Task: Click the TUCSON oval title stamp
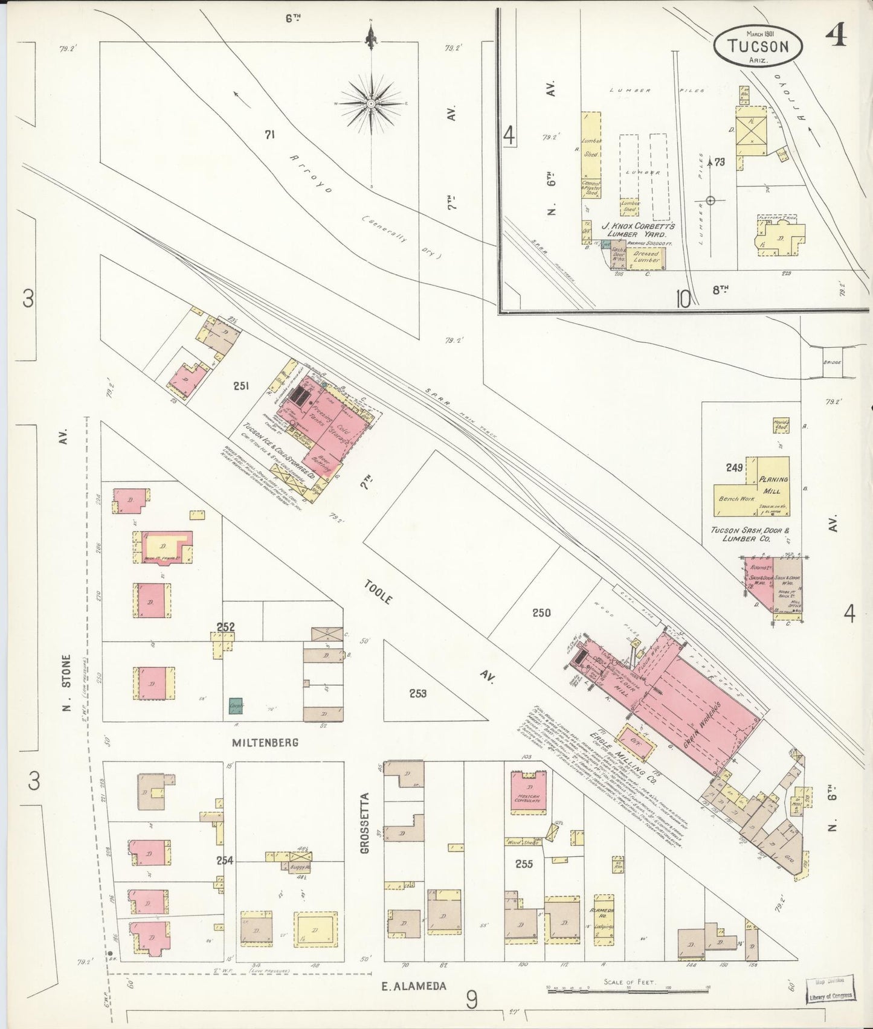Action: [758, 45]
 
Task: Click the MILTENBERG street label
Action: [265, 742]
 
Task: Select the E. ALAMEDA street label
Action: [414, 987]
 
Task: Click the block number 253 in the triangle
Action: [417, 693]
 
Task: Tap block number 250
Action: [541, 613]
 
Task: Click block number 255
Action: [524, 864]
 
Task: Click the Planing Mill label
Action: [773, 485]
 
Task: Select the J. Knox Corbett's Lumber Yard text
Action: [637, 229]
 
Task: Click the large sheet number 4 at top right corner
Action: [836, 36]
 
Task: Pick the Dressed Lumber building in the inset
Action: [646, 257]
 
